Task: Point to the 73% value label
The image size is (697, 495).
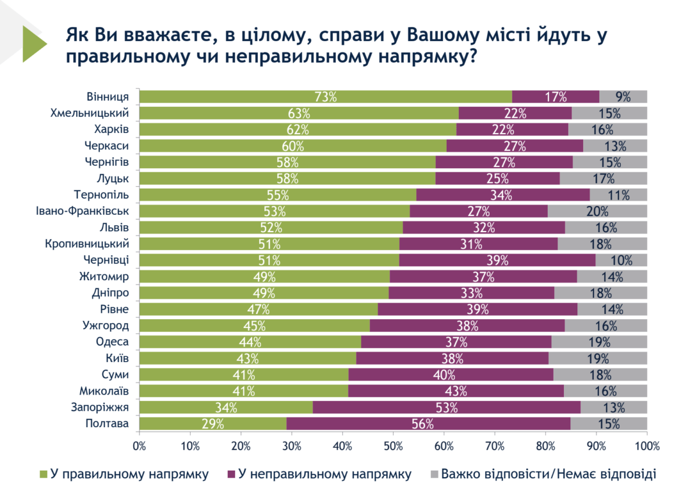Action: (x=325, y=97)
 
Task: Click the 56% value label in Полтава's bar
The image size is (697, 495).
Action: (x=422, y=424)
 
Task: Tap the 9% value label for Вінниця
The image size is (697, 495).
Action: (x=623, y=97)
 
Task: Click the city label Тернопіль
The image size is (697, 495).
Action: (x=102, y=194)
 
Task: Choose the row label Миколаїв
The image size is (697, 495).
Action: (x=103, y=391)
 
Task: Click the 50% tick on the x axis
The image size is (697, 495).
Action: (x=393, y=446)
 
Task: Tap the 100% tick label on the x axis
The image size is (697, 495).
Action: (x=647, y=446)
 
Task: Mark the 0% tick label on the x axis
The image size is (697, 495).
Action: (x=139, y=446)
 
